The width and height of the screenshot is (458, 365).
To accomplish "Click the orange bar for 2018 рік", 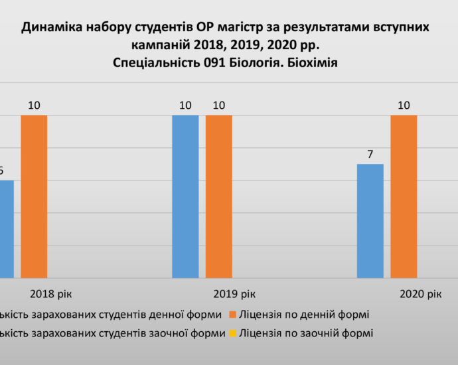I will tap(34, 196).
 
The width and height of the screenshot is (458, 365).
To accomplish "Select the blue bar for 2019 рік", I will tap(185, 196).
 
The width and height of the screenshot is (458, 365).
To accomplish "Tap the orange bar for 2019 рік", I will tap(218, 196).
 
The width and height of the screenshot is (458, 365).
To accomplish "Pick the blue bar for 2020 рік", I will tap(370, 220).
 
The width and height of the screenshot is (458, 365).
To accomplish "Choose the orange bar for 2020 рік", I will tap(404, 196).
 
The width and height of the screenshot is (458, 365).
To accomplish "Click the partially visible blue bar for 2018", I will tap(6, 228).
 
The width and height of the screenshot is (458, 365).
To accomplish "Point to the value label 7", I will tap(370, 155).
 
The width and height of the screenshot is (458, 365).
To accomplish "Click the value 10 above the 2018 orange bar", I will tap(34, 106).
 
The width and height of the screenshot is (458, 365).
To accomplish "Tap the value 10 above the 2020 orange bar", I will tap(404, 106).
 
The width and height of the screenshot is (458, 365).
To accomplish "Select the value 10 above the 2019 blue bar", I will tap(185, 106).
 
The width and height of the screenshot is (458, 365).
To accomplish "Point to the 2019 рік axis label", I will tap(234, 293).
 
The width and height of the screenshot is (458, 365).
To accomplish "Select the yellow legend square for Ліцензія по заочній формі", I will tap(232, 333).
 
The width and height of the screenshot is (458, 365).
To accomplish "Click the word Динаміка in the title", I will tap(51, 27).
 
